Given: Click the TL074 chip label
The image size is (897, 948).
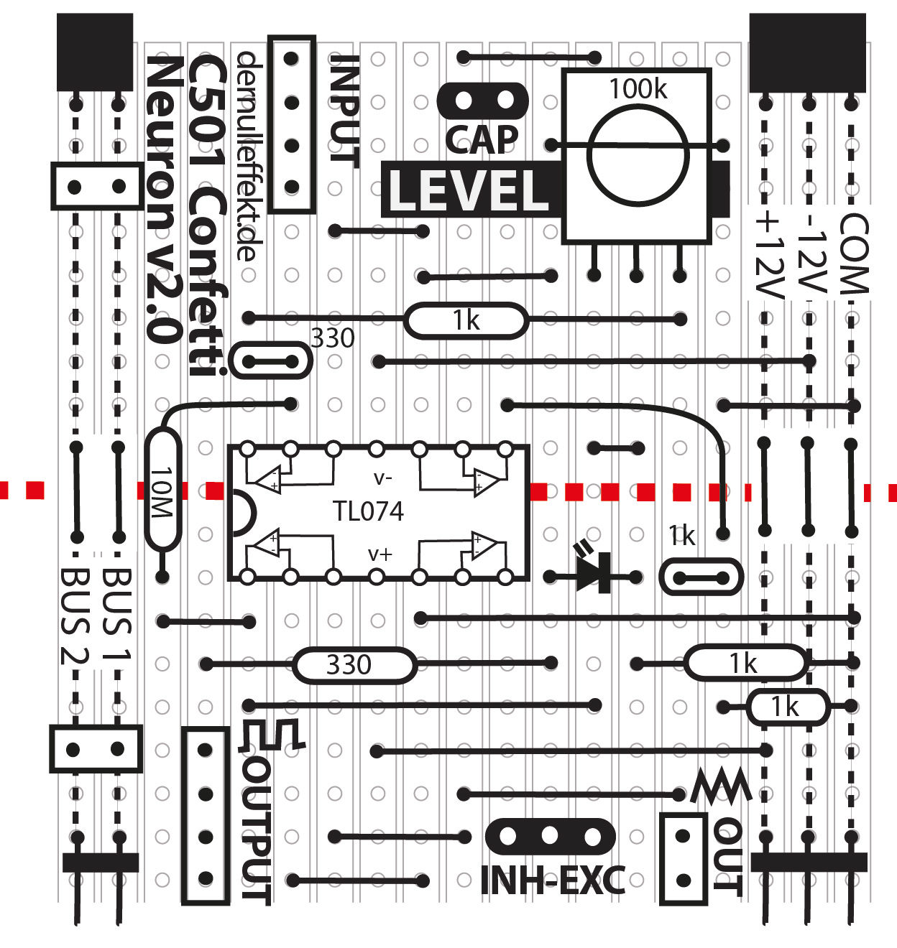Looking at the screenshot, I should [x=368, y=511].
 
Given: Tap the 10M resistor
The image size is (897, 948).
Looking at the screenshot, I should [x=162, y=490].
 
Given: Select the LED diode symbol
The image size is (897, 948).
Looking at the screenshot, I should [x=594, y=572].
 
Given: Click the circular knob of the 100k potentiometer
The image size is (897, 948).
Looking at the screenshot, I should [x=637, y=155].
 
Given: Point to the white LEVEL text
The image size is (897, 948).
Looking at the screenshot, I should [x=469, y=190].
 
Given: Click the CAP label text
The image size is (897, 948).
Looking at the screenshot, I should [x=482, y=139].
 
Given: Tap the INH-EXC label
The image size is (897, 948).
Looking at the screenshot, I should [x=552, y=880].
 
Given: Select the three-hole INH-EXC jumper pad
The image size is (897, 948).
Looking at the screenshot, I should [x=551, y=836].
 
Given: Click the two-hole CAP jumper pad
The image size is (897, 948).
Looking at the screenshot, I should [x=483, y=99].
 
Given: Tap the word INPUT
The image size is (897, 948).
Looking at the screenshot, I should [x=344, y=111].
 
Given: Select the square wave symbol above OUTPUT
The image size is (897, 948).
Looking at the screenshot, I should [x=273, y=734].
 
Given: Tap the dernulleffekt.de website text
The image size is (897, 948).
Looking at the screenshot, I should [x=247, y=155].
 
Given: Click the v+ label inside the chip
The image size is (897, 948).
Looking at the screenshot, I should [x=380, y=554].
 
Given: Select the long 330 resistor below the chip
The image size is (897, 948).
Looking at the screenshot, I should [x=354, y=664].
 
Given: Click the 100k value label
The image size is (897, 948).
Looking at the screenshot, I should [x=638, y=89].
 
